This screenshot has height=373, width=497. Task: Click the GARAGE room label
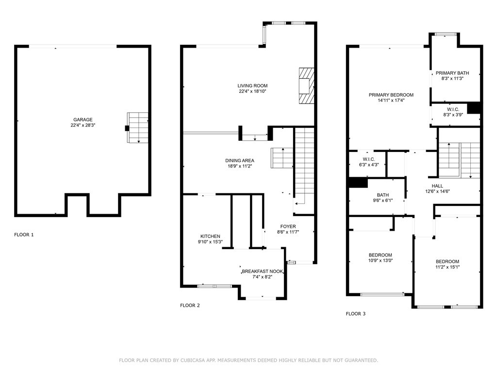click(83, 119)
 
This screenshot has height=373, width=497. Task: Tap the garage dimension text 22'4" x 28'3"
click(83, 125)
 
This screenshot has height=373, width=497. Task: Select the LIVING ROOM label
click(252, 85)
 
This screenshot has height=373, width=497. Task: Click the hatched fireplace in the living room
click(306, 85)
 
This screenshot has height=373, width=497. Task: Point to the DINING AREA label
click(239, 160)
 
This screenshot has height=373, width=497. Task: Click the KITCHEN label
click(210, 236)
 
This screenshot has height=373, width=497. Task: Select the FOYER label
click(288, 226)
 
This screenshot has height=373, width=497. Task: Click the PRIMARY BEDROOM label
click(391, 95)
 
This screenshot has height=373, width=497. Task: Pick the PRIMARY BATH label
click(452, 73)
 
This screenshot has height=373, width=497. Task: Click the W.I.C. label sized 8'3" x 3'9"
click(451, 109)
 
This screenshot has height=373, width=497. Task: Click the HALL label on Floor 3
click(437, 186)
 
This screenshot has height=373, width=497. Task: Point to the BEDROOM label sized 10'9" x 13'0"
click(380, 255)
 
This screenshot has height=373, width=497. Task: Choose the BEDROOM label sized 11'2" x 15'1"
click(447, 261)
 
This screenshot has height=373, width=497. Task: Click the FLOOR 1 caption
click(24, 235)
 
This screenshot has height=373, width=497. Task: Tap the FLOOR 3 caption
click(356, 314)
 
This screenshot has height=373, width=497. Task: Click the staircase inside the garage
click(138, 127)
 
